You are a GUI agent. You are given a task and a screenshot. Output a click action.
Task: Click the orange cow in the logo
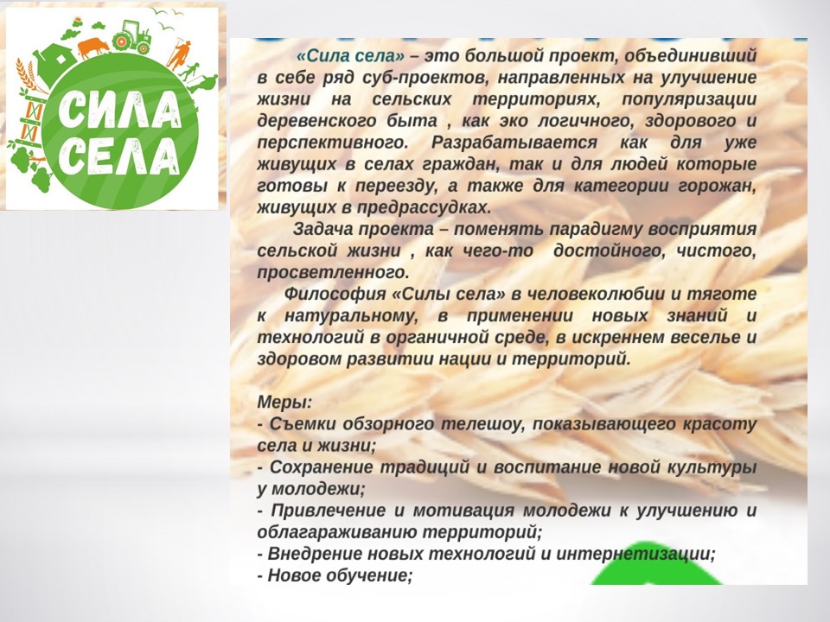click(93, 47)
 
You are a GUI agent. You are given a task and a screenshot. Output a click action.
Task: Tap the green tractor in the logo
click(131, 37)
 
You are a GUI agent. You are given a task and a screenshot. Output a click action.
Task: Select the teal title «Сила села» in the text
click(350, 56)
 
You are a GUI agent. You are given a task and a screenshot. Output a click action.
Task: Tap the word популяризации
click(689, 99)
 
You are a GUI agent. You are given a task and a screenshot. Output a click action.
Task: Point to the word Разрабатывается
click(514, 143)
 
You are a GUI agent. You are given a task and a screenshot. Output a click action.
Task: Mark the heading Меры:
click(284, 403)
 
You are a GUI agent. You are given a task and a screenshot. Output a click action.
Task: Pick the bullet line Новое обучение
click(335, 575)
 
